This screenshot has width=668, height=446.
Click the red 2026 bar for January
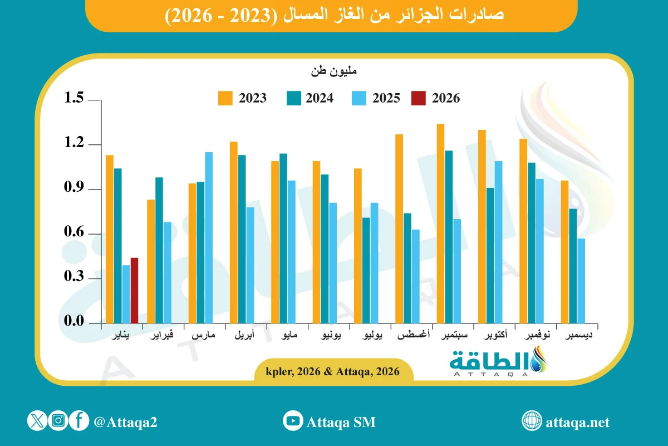(x=134, y=290)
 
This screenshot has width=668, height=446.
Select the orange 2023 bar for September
(x=440, y=223)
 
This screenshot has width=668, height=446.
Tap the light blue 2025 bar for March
(x=209, y=237)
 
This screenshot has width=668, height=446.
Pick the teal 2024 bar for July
(x=366, y=270)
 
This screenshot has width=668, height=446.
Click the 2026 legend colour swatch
(x=418, y=99)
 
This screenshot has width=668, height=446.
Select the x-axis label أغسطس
(x=412, y=336)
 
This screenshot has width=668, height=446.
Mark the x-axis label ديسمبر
(x=579, y=336)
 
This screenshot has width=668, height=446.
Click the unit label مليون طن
(x=334, y=71)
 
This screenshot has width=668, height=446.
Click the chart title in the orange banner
(x=334, y=15)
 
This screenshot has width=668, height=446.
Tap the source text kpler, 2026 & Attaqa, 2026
(x=333, y=371)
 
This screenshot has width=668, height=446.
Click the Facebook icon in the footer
(x=79, y=421)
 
